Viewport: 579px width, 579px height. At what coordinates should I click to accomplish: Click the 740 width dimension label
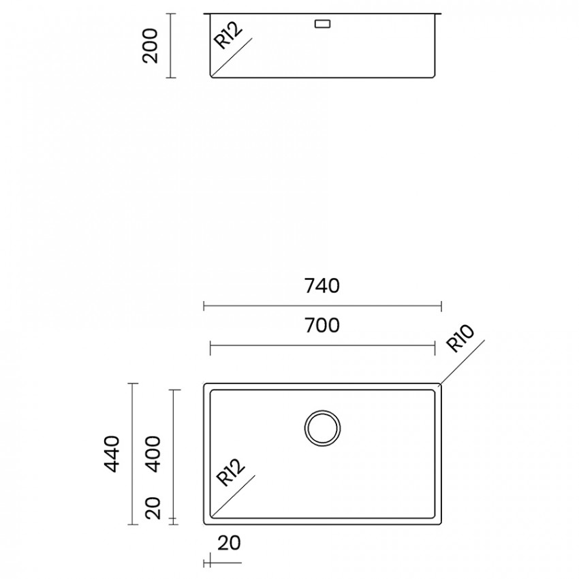point(322,286)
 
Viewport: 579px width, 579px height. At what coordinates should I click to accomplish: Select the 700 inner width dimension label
point(322,326)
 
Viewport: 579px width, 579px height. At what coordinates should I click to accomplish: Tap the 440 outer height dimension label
point(112,454)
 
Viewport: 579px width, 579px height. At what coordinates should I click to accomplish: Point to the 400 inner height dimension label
point(153,454)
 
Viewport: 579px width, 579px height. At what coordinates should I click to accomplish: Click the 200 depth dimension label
point(151,46)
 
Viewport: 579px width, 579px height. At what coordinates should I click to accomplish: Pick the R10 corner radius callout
point(460,339)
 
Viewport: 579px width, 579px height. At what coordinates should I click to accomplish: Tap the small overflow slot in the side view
point(322,24)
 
